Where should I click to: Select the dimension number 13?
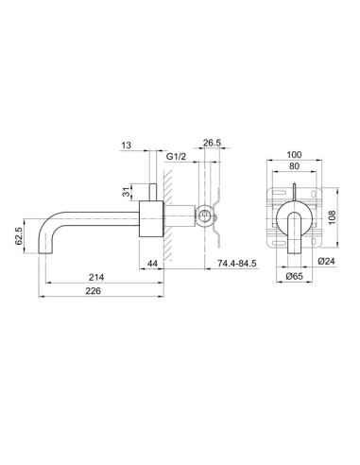point(128,146)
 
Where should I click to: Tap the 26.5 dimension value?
point(212,145)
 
